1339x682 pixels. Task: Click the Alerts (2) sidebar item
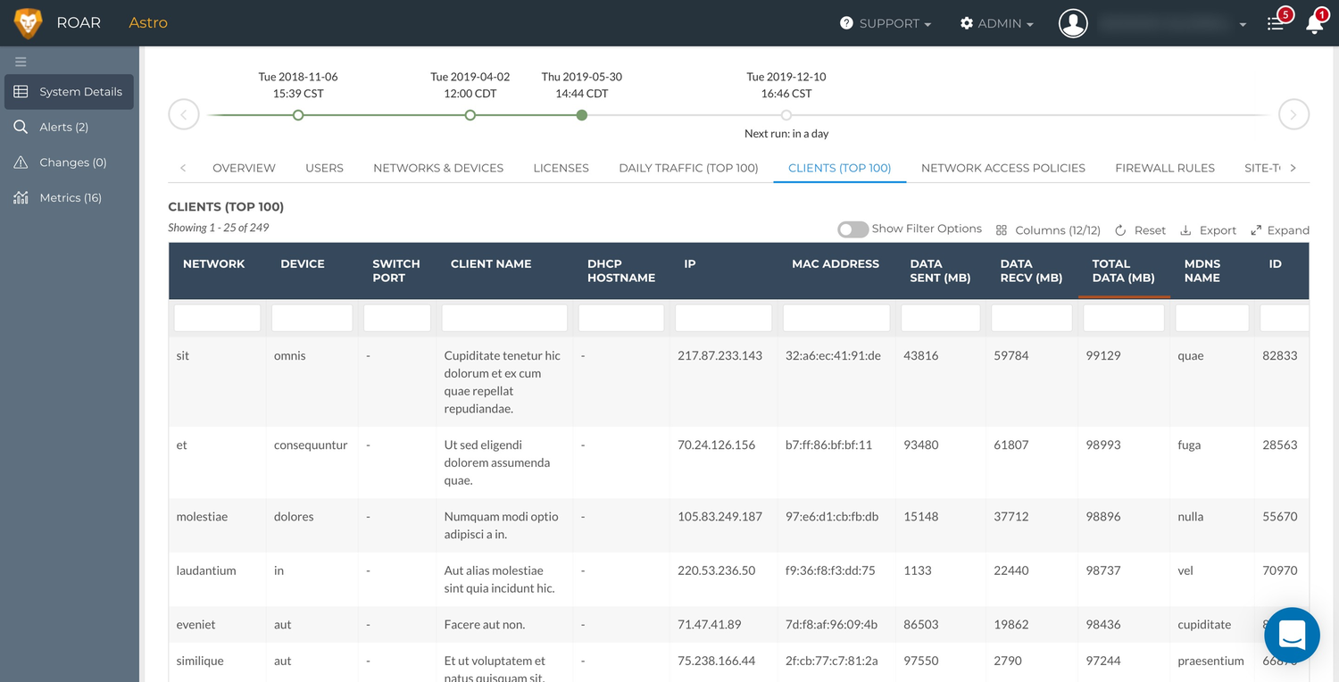tap(63, 127)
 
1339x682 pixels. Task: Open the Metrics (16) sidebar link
tap(70, 197)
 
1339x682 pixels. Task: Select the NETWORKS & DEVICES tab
tap(437, 168)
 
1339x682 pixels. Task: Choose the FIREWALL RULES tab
tap(1164, 168)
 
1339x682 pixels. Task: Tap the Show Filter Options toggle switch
tap(852, 229)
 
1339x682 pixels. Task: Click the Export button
tap(1209, 230)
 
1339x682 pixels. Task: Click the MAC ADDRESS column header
tap(835, 264)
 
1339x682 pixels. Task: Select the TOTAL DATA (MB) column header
tap(1123, 270)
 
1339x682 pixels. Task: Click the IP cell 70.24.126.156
tap(716, 445)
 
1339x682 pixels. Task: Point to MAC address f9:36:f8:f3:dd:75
tap(830, 570)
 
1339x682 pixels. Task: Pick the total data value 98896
tap(1103, 517)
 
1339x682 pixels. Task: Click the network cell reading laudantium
tap(206, 570)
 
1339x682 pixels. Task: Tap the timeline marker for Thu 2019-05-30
tap(581, 115)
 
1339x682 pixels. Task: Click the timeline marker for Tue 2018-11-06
tap(298, 115)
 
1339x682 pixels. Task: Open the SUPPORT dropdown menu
tap(886, 23)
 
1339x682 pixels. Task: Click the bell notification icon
tap(1314, 24)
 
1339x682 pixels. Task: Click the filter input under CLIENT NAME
tap(504, 318)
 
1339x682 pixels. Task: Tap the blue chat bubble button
tap(1292, 635)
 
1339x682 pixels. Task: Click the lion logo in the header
tap(29, 23)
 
